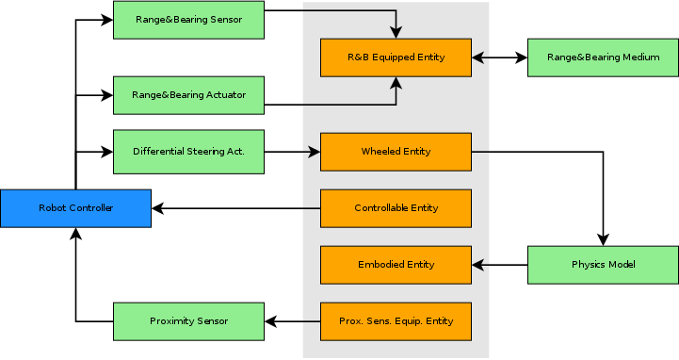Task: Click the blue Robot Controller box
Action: tap(75, 208)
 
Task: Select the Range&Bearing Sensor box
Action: tap(188, 20)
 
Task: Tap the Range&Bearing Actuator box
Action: tap(188, 95)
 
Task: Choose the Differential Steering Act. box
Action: tap(188, 152)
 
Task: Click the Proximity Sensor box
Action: tap(188, 321)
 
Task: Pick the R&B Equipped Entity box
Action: tap(396, 57)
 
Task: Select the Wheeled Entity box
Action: tap(396, 152)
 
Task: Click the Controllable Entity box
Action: tap(396, 208)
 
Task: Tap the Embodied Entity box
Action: tap(396, 265)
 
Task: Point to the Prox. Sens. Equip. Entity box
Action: tap(396, 321)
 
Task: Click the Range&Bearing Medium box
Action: tap(603, 57)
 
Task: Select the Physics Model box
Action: tap(603, 265)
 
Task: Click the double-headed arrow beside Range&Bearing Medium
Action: tap(499, 57)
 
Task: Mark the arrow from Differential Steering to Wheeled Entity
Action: tap(292, 152)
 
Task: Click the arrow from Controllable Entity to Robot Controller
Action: tap(235, 208)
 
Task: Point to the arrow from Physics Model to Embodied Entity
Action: tap(499, 265)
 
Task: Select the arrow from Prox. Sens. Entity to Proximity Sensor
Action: tap(292, 321)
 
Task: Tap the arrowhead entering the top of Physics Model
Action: tap(603, 239)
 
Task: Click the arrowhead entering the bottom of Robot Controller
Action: tap(75, 234)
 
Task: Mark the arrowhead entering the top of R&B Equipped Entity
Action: tap(396, 32)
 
